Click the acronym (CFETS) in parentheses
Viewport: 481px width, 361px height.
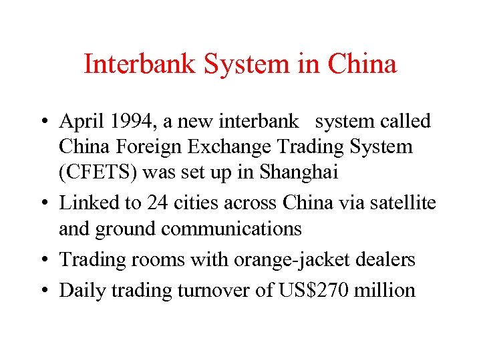98,172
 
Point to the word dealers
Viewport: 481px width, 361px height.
387,259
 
